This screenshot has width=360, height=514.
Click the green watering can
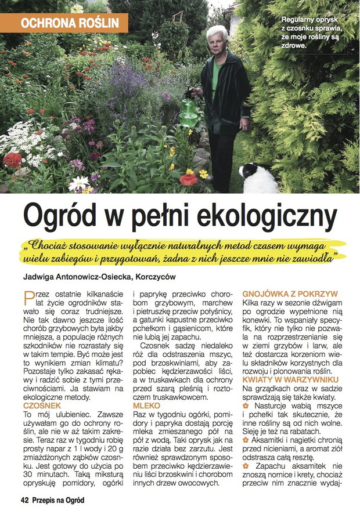coord(189,112)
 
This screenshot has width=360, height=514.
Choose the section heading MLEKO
coord(146,406)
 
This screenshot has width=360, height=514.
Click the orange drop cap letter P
coord(28,298)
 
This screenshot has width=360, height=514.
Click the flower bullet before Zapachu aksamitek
coord(246,465)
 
